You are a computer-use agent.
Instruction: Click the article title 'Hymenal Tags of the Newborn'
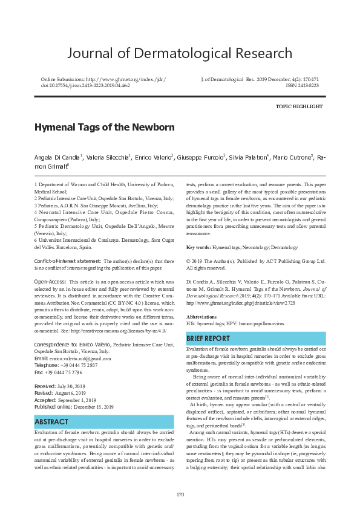click(x=104, y=128)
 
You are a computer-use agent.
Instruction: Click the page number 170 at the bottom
click(x=180, y=494)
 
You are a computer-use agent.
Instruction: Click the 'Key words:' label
click(x=198, y=248)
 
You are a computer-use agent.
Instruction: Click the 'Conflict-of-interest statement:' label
click(x=68, y=261)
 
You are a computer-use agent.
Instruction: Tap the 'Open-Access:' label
click(x=50, y=282)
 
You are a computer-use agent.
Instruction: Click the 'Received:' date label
click(x=45, y=386)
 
